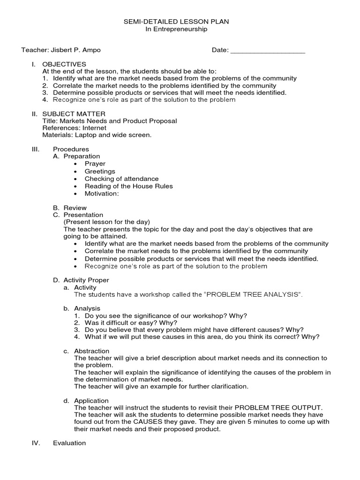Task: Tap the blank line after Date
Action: click(268, 50)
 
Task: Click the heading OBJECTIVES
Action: click(64, 64)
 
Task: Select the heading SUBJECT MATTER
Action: click(74, 113)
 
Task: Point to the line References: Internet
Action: click(74, 128)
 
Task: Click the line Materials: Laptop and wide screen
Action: click(97, 135)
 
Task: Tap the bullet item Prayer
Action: click(95, 164)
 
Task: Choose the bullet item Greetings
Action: click(100, 171)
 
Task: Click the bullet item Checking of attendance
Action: click(121, 179)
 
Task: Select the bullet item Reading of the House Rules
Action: click(128, 186)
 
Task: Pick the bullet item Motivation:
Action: click(102, 194)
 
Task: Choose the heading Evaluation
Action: click(69, 443)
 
